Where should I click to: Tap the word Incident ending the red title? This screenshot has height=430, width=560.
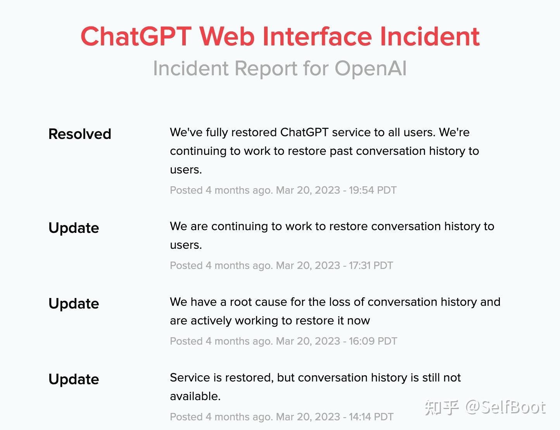(x=430, y=36)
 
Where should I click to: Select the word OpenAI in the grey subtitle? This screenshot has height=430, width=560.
(x=370, y=68)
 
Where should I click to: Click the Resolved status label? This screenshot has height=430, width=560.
(x=80, y=134)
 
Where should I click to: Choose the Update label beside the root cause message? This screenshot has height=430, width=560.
(x=74, y=304)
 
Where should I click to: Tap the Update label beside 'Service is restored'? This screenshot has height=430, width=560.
(x=74, y=380)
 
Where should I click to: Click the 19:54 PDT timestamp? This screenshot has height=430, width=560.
(x=373, y=190)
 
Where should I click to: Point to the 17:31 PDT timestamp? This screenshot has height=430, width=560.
(x=371, y=265)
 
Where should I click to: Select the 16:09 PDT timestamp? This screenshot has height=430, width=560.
(x=373, y=341)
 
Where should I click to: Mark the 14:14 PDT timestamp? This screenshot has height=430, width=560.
(x=371, y=417)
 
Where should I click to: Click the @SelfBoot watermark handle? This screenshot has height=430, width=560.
(x=505, y=407)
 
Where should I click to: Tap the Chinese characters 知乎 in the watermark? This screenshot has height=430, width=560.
(x=442, y=407)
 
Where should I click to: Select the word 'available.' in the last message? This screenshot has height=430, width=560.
(x=195, y=397)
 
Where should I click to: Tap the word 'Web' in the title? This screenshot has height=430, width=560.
(x=227, y=36)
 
